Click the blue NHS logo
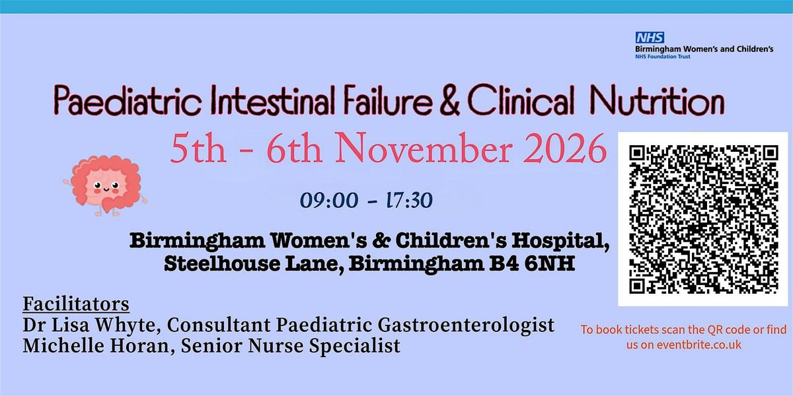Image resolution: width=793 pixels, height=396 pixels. click(650, 38)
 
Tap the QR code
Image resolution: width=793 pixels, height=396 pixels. click(702, 219)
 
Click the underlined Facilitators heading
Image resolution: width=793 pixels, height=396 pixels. click(75, 305)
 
